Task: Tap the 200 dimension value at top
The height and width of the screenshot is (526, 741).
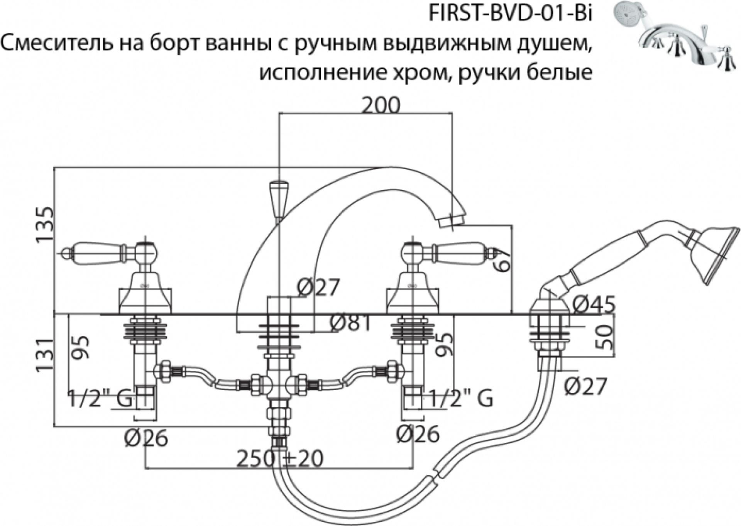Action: (x=381, y=105)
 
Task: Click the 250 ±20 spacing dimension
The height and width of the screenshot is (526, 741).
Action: (x=280, y=459)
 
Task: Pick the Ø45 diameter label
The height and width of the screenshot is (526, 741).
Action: (x=593, y=305)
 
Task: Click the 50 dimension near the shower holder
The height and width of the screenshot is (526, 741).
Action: (x=604, y=337)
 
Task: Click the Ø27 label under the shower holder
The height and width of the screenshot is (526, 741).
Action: (x=585, y=386)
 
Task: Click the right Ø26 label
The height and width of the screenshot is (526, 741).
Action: (x=418, y=434)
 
